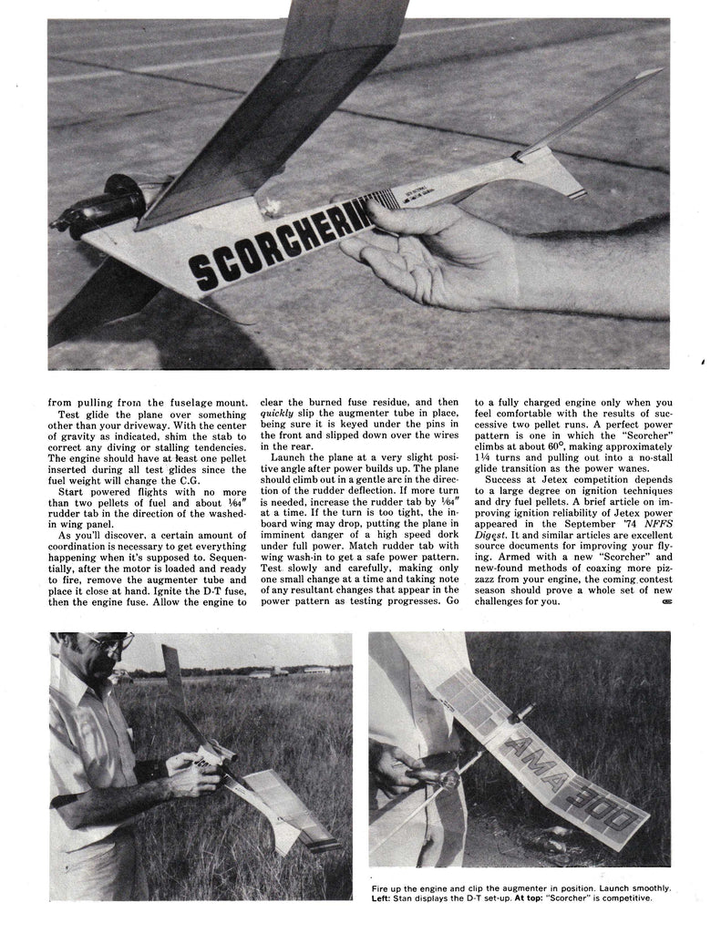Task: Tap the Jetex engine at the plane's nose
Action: tap(96, 212)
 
